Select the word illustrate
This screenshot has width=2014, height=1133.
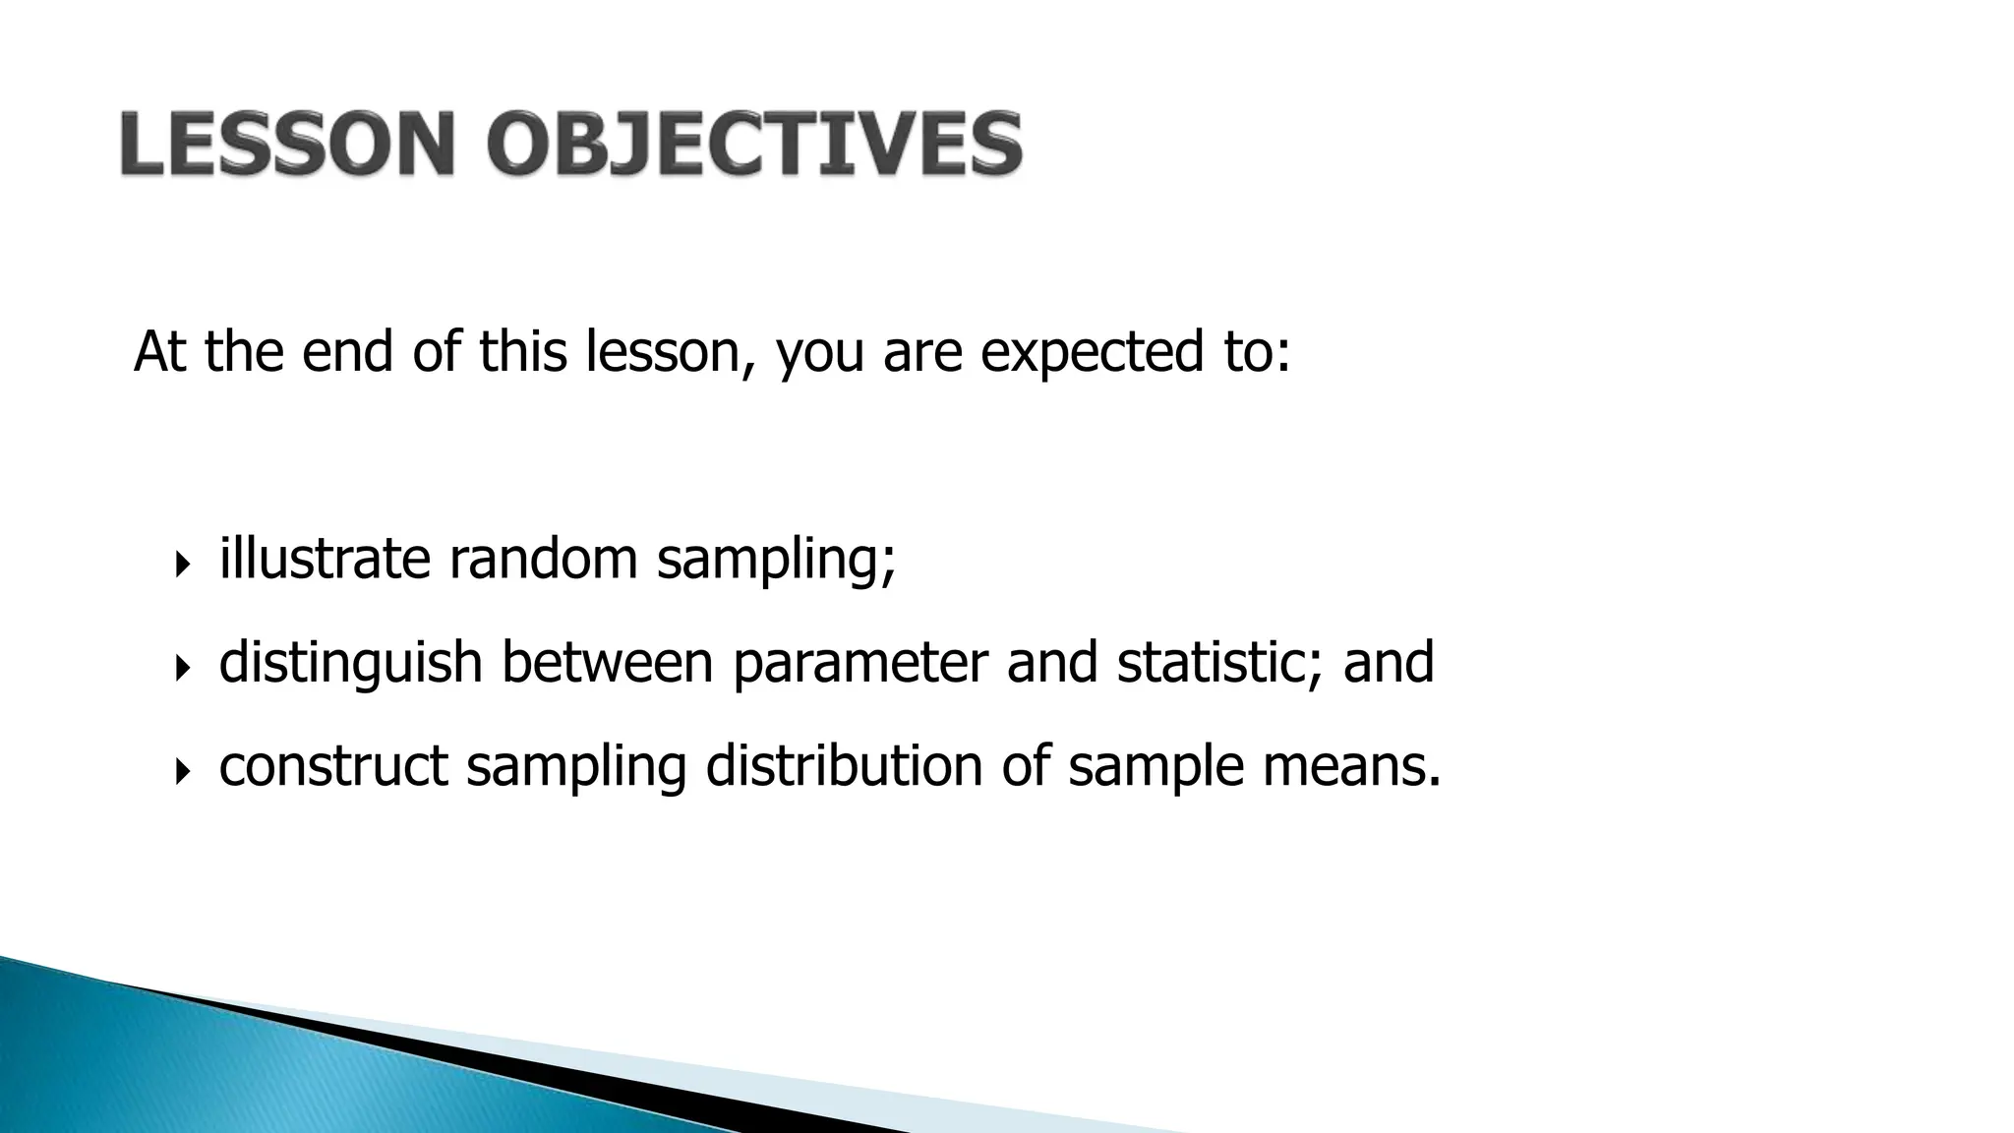325,558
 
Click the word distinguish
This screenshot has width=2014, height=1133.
350,662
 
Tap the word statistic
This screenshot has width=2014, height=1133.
1220,662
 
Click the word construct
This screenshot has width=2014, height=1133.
333,765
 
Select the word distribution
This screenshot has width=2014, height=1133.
844,765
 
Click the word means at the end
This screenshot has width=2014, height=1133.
1351,765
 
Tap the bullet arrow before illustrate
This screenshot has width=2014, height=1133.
182,565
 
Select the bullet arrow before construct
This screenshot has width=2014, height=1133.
182,772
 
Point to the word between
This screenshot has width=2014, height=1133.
607,662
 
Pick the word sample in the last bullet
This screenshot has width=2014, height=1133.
1155,767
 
